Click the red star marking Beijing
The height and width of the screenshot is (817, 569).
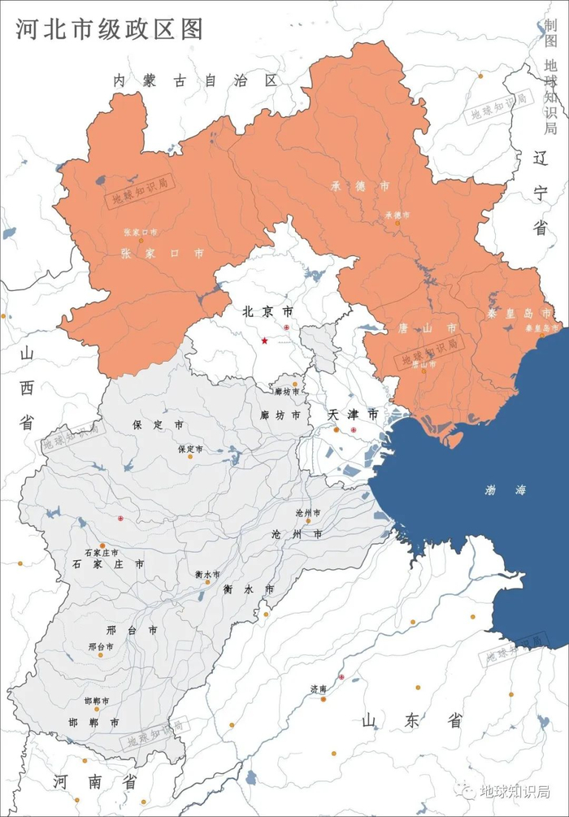point(264,341)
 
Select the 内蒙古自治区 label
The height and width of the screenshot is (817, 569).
point(195,80)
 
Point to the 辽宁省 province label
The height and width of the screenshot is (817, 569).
point(541,193)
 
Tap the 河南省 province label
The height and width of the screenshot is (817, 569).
point(94,782)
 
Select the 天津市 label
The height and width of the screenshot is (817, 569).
point(353,415)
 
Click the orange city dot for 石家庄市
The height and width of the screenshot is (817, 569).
point(102,545)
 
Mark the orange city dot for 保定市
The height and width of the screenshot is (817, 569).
point(190,456)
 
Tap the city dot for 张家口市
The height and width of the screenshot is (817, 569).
point(140,240)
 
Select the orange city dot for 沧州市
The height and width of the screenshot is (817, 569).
point(308,521)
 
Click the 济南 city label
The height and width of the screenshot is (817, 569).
point(318,689)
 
